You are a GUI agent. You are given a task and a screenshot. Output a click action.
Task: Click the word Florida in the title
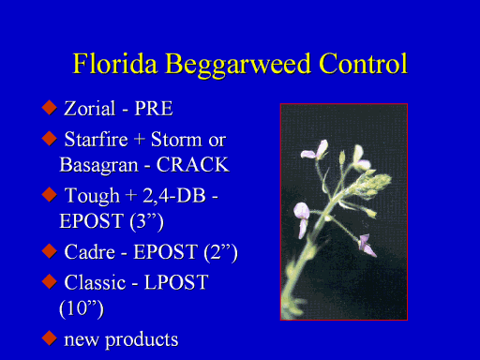[x=114, y=64]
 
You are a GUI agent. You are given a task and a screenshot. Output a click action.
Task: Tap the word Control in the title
[x=364, y=64]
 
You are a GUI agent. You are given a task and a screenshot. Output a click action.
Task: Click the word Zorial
[x=90, y=109]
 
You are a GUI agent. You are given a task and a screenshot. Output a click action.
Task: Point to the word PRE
[x=154, y=109]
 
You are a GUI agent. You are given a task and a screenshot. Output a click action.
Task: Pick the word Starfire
[x=97, y=139]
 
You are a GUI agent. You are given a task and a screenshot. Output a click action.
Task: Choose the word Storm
[x=176, y=139]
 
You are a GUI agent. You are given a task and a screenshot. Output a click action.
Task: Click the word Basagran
[x=98, y=166]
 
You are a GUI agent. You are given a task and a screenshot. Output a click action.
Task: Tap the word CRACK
[x=193, y=165]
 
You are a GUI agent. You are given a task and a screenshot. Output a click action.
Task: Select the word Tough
[x=92, y=197]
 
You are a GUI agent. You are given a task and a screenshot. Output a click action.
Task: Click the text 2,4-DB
[x=174, y=196]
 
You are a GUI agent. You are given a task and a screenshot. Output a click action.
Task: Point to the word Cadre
[x=90, y=252]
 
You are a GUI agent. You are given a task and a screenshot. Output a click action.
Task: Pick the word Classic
[x=95, y=282]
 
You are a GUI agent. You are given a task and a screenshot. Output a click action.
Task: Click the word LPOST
[x=176, y=282]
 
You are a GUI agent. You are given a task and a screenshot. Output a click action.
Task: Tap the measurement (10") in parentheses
[x=82, y=308]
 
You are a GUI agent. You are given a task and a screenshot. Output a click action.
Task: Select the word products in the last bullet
[x=142, y=340]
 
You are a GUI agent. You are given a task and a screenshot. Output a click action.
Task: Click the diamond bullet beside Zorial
[x=50, y=108]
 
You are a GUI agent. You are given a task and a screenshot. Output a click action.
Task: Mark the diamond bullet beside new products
[x=50, y=338]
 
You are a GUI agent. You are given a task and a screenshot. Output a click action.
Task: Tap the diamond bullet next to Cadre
[x=50, y=251]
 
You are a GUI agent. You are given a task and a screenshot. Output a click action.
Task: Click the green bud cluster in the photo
[x=372, y=184]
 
